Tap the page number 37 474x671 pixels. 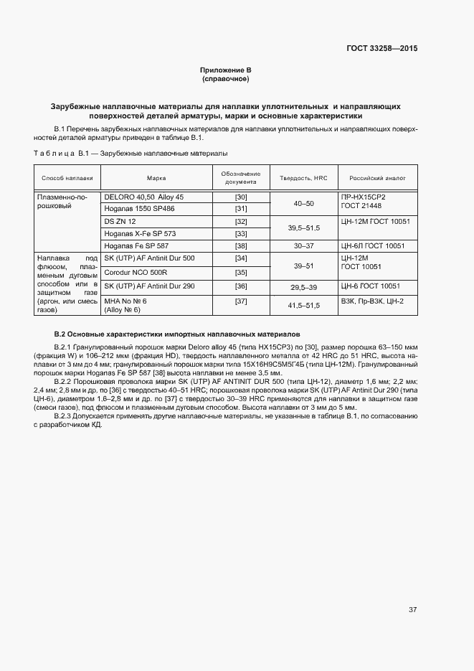412,610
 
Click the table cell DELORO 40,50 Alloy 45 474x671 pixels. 144,197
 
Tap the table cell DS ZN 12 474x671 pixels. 120,222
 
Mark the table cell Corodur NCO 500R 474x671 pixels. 136,272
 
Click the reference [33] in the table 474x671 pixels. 241,234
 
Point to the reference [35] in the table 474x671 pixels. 241,272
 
